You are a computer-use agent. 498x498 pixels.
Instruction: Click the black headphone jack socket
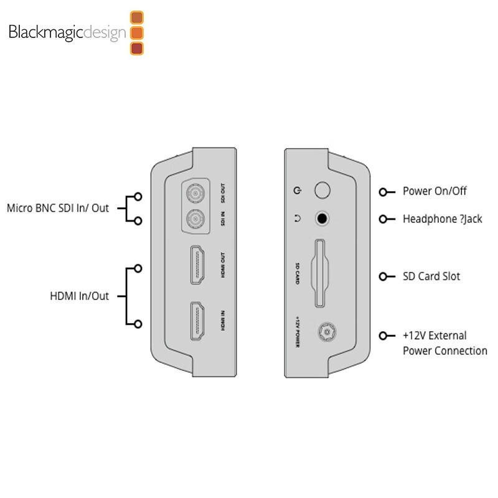click(322, 218)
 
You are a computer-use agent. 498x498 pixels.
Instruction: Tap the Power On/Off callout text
click(435, 191)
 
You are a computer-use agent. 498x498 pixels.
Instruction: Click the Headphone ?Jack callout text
click(442, 218)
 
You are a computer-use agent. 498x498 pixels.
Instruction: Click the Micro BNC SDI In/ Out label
click(57, 208)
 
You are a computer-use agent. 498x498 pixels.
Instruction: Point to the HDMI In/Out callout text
click(79, 296)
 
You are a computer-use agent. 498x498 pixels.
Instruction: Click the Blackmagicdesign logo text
click(67, 32)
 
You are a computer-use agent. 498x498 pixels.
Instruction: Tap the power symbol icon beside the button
click(298, 190)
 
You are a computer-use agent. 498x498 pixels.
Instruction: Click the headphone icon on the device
click(298, 218)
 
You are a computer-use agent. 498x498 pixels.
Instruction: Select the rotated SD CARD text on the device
click(298, 274)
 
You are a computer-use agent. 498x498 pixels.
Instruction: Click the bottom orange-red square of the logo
click(138, 47)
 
